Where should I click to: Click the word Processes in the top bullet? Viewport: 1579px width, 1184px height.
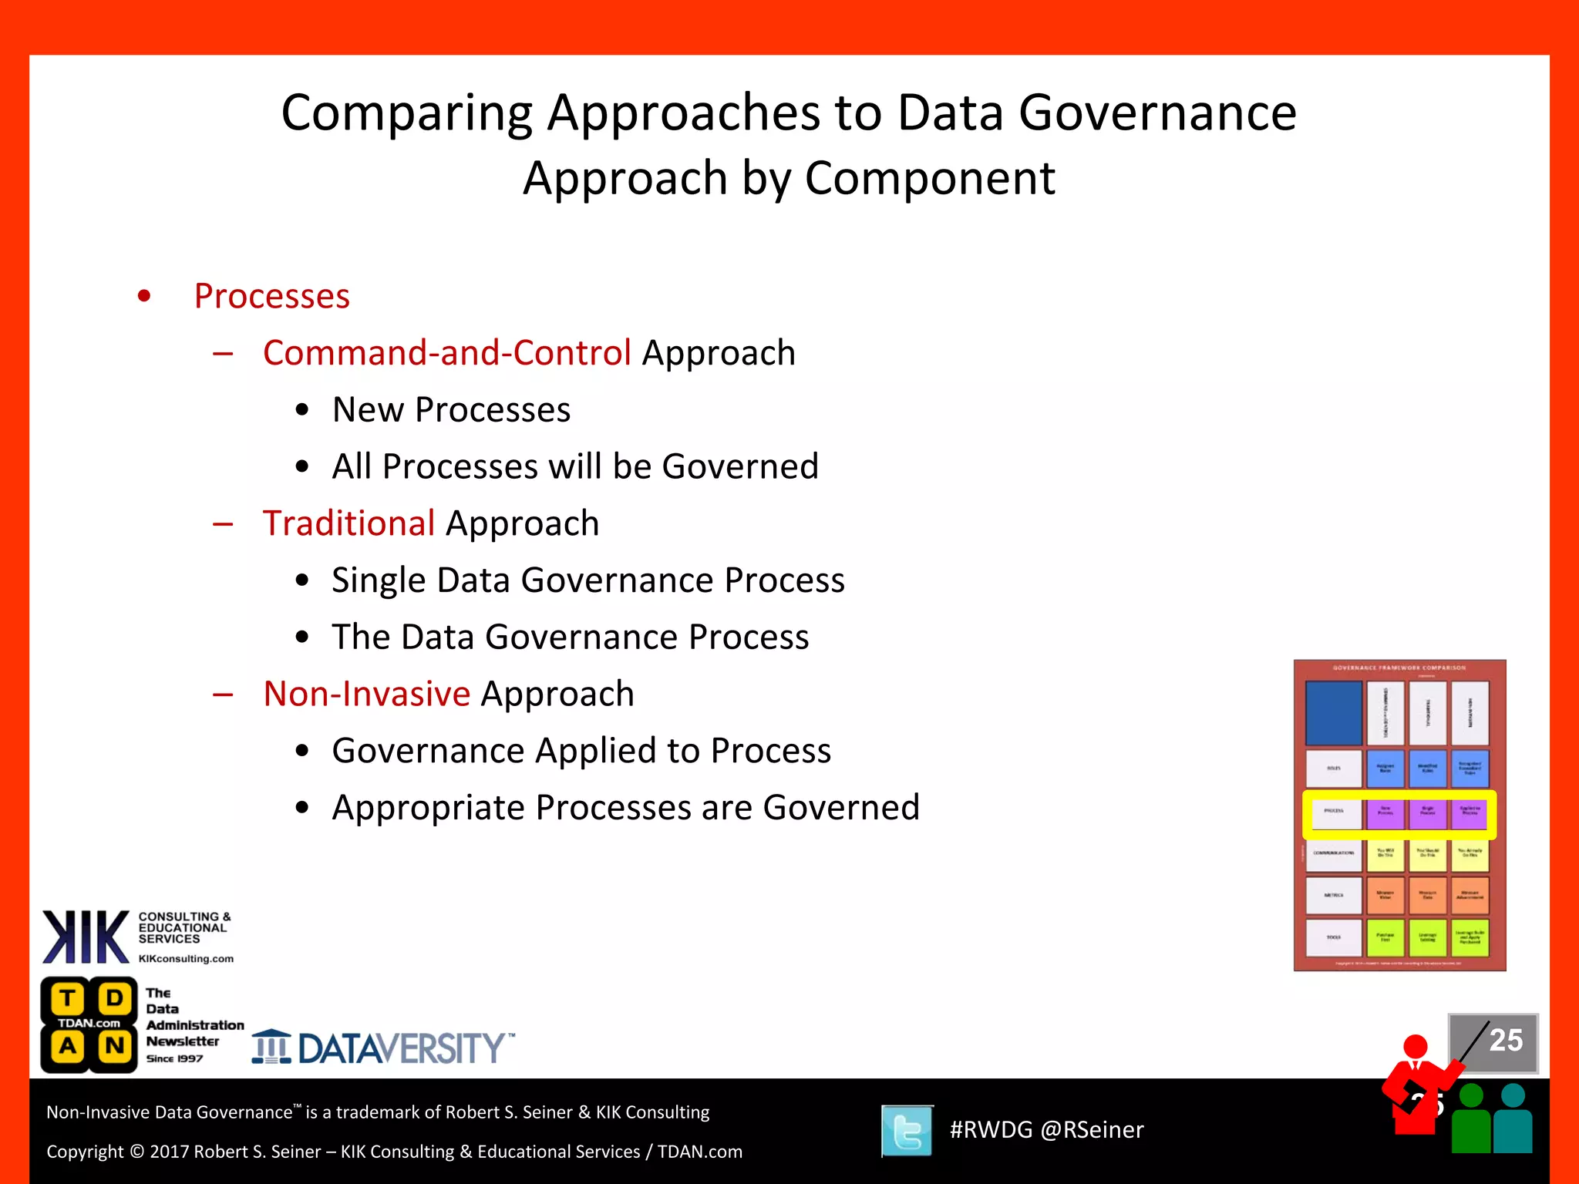pos(271,297)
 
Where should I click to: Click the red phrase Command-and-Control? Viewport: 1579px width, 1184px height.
pos(446,353)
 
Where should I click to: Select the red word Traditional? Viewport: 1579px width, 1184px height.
pos(348,523)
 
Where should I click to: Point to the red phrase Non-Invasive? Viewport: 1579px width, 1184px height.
pos(366,694)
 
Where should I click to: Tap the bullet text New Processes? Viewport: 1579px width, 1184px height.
pos(451,410)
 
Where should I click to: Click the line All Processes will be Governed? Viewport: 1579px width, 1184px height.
pos(574,467)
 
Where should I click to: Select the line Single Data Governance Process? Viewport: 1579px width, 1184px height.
pos(587,580)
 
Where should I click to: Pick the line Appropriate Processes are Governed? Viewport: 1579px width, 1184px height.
pos(625,808)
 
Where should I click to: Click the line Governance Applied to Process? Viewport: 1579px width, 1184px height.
pos(581,751)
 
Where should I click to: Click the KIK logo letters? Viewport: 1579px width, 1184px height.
pos(86,937)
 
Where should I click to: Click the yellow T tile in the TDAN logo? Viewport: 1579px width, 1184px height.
pos(68,999)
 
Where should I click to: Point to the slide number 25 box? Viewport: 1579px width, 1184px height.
pos(1493,1041)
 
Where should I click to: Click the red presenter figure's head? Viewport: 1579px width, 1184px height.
pos(1416,1047)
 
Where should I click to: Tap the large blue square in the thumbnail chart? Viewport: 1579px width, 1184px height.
pos(1333,712)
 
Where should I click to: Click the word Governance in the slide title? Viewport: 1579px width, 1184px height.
pos(1157,113)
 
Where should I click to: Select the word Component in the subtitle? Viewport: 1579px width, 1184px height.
pos(929,179)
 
